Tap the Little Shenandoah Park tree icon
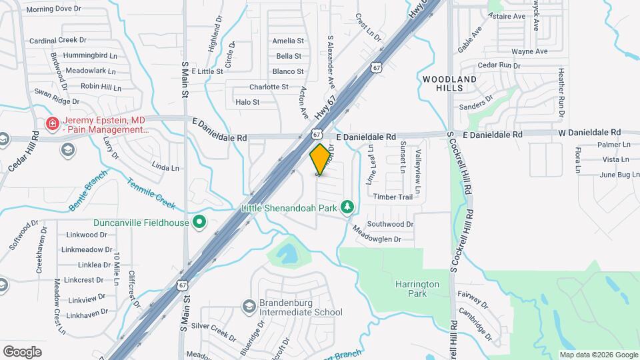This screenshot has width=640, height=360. coord(347,207)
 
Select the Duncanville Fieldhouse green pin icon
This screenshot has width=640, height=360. coord(198,222)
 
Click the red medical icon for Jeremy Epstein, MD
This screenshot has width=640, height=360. coord(51,124)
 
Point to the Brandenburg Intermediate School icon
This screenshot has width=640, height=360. coord(249,306)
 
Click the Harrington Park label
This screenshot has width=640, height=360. coord(417,288)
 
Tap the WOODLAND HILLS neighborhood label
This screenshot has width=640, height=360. coord(450,83)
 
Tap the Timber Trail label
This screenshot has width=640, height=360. coord(393,197)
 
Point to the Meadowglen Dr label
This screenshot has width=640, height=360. coord(377,234)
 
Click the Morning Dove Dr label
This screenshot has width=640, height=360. coord(53,9)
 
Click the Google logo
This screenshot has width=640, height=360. coord(22,351)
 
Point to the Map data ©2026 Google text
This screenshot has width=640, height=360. coord(598,355)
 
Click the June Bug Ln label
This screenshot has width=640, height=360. coord(615,175)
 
